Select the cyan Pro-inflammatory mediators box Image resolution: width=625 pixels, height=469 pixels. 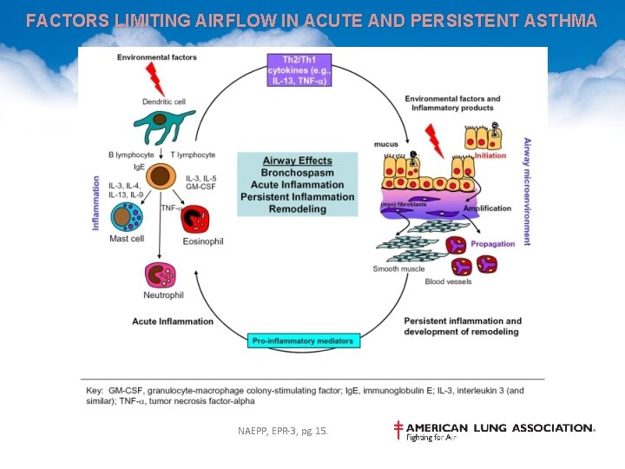pos(301,340)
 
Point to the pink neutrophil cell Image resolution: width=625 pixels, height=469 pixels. pos(162,274)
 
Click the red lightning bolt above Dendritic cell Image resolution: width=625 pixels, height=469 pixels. pos(157,79)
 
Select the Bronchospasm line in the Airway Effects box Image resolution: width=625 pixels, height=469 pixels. pos(297,172)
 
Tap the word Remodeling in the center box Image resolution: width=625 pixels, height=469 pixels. pos(297,209)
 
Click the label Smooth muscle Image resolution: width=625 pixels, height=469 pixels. pos(398,269)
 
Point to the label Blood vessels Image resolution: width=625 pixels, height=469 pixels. pos(449,282)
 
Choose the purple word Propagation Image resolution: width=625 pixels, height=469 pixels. pos(493,244)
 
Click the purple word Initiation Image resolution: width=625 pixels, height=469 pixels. pos(490,155)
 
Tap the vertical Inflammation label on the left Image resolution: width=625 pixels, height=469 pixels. pos(95,203)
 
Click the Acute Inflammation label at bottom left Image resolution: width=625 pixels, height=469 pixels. pos(173,321)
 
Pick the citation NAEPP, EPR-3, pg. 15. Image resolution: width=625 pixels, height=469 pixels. pos(283,431)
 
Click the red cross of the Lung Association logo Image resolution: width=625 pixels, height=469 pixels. pos(398,429)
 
